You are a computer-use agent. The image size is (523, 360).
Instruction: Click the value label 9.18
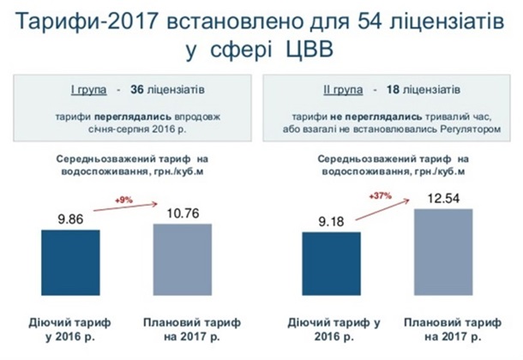(331, 222)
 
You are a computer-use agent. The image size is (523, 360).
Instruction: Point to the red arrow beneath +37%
(382, 210)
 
